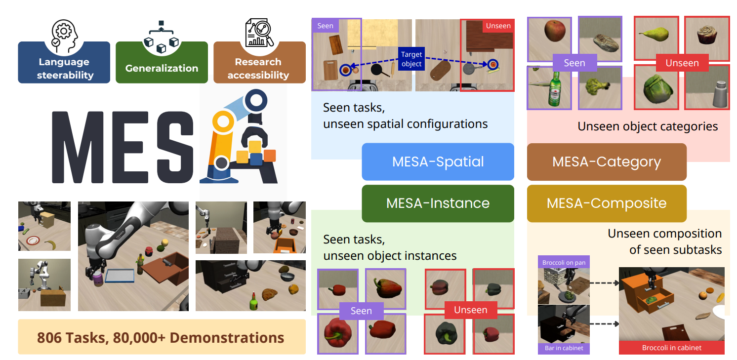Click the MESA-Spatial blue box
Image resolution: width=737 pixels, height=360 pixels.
click(438, 162)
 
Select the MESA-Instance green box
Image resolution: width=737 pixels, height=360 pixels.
click(438, 203)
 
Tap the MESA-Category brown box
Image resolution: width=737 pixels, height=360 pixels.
click(607, 162)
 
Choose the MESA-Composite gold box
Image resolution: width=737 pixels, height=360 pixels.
click(607, 203)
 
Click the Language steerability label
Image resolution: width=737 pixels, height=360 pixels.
click(64, 68)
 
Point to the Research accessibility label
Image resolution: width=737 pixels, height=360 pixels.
click(259, 68)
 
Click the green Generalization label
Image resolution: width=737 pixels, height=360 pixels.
click(162, 68)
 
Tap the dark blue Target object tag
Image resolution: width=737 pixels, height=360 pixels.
click(411, 59)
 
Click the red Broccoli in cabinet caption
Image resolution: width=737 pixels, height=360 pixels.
click(671, 348)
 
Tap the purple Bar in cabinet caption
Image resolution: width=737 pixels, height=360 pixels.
click(563, 348)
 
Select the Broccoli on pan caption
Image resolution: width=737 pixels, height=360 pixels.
click(563, 263)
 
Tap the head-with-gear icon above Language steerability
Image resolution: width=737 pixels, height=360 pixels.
click(63, 34)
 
